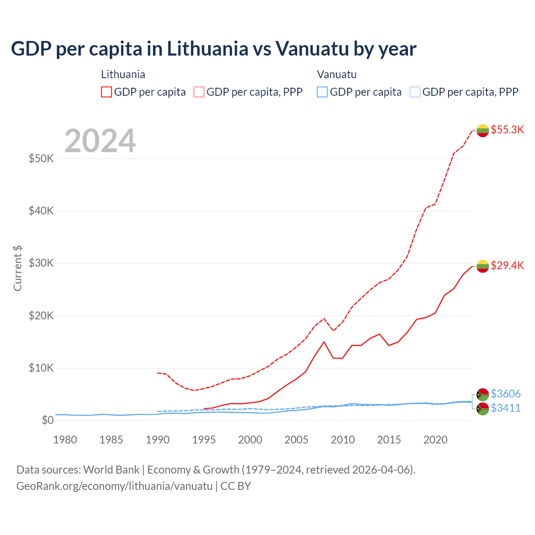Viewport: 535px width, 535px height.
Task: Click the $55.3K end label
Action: coord(507,130)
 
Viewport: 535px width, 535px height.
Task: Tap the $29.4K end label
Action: coord(507,265)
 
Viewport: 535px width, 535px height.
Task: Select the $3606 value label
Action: coord(505,394)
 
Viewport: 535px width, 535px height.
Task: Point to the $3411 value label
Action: coord(505,408)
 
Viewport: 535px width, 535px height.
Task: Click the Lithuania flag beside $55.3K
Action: coord(483,130)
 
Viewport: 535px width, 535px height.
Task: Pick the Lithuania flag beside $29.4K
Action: coord(483,266)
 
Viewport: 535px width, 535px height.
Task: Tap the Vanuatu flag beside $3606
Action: coord(483,394)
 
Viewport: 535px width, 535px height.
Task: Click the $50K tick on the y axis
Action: coord(41,159)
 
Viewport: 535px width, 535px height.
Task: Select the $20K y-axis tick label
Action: coord(41,316)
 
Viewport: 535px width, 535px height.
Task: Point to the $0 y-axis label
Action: coord(48,420)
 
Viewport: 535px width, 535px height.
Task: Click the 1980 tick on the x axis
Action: coord(65,440)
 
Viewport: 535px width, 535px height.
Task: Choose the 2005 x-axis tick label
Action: coord(296,440)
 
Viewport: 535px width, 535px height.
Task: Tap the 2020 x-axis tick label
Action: coord(436,440)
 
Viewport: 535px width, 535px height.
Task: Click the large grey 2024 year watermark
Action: coord(100,141)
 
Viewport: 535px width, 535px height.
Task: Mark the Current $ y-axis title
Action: coord(18,268)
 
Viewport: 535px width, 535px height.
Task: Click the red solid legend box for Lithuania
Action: coord(107,92)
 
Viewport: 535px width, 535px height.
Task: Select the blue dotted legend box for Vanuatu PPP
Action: coord(415,92)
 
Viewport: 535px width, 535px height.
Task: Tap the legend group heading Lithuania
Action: coord(123,74)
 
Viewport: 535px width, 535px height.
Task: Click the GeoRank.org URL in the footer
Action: coord(114,486)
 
